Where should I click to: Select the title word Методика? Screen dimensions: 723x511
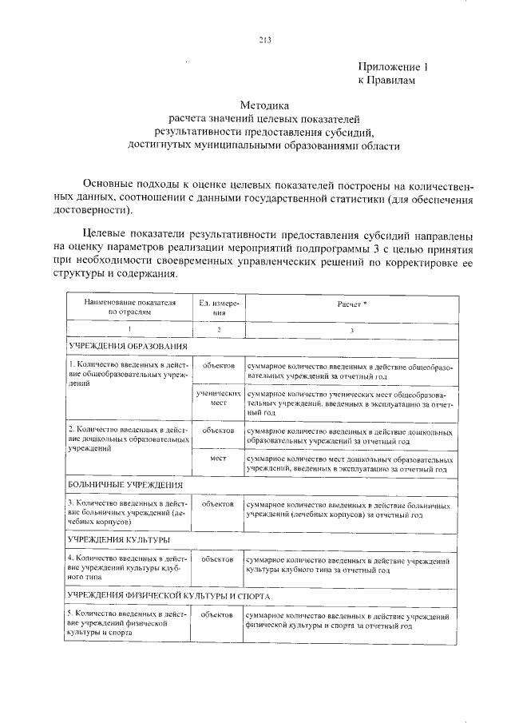pyautogui.click(x=263, y=105)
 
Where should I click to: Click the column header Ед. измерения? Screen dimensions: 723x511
pyautogui.click(x=219, y=308)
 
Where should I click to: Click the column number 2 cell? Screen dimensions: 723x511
pyautogui.click(x=219, y=329)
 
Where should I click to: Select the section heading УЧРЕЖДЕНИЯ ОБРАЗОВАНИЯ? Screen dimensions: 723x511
pyautogui.click(x=128, y=347)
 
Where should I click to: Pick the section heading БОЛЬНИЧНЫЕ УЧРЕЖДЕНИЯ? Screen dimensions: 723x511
pyautogui.click(x=125, y=485)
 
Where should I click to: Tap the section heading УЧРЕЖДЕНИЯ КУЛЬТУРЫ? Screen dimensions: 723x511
pyautogui.click(x=118, y=541)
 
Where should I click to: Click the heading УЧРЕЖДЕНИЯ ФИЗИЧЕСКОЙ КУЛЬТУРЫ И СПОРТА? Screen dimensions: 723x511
pyautogui.click(x=168, y=597)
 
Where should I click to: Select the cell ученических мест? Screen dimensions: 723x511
pyautogui.click(x=219, y=399)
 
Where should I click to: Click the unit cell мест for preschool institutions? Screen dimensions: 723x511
pyautogui.click(x=219, y=460)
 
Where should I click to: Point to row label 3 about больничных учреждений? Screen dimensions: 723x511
pyautogui.click(x=128, y=512)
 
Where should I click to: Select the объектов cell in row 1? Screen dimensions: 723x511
pyautogui.click(x=219, y=366)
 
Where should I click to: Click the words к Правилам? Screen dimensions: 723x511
pyautogui.click(x=386, y=81)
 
